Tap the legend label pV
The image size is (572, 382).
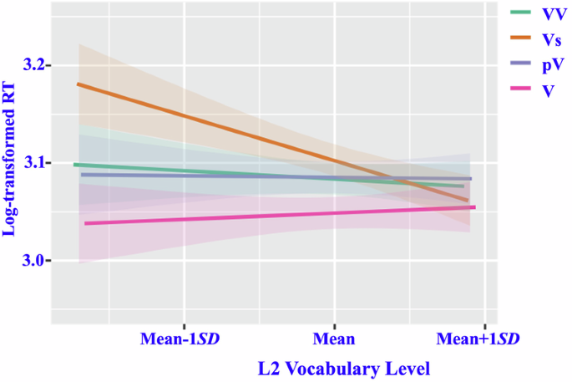(550, 64)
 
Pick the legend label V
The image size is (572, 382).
(547, 90)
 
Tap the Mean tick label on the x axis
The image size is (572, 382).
(334, 339)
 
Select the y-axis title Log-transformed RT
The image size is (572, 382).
(11, 164)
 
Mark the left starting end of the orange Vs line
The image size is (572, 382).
(78, 84)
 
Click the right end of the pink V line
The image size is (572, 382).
(474, 207)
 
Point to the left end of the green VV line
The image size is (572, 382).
(75, 165)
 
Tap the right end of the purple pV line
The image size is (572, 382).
(470, 178)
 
